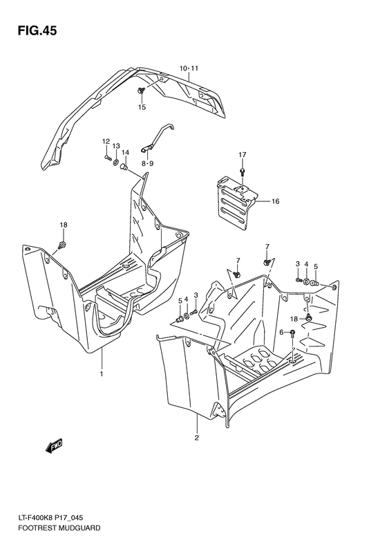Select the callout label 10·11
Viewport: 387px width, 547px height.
(189, 68)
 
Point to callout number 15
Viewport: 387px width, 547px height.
(142, 107)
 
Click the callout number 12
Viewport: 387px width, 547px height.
(106, 142)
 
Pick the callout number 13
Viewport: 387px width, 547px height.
(116, 146)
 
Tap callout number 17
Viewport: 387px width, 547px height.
(243, 154)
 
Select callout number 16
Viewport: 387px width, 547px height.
(274, 202)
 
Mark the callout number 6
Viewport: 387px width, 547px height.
(281, 333)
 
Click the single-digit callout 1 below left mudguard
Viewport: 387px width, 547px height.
(101, 374)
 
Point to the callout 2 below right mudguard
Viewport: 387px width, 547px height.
(196, 438)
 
